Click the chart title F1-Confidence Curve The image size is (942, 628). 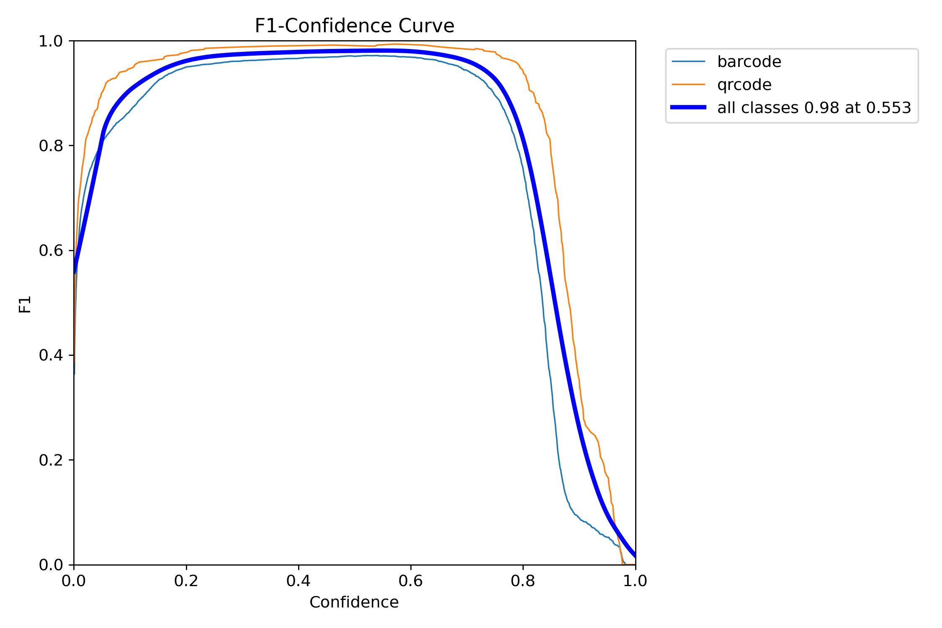pyautogui.click(x=354, y=26)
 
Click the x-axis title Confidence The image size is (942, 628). pyautogui.click(x=354, y=602)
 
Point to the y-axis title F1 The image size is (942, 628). pyautogui.click(x=25, y=304)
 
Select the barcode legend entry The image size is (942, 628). pyautogui.click(x=749, y=62)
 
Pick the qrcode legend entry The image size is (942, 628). pyautogui.click(x=744, y=85)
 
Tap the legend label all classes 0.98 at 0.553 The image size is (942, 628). pyautogui.click(x=814, y=108)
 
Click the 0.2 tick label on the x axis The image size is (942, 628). pyautogui.click(x=186, y=581)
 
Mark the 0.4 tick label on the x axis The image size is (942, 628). pyautogui.click(x=298, y=581)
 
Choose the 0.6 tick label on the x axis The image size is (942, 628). pyautogui.click(x=410, y=581)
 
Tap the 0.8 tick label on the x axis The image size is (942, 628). pyautogui.click(x=522, y=581)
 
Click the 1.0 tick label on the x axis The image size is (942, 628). pyautogui.click(x=635, y=581)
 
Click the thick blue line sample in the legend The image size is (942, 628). pyautogui.click(x=688, y=108)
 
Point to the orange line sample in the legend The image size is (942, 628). pyautogui.click(x=688, y=85)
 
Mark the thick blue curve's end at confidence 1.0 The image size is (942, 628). pyautogui.click(x=635, y=556)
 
